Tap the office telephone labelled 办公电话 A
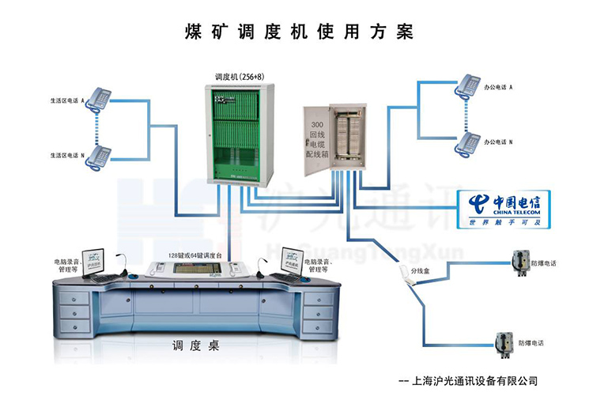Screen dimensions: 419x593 [x=467, y=85]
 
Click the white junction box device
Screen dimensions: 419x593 [x=410, y=274]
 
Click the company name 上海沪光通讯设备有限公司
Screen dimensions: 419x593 [x=475, y=380]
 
